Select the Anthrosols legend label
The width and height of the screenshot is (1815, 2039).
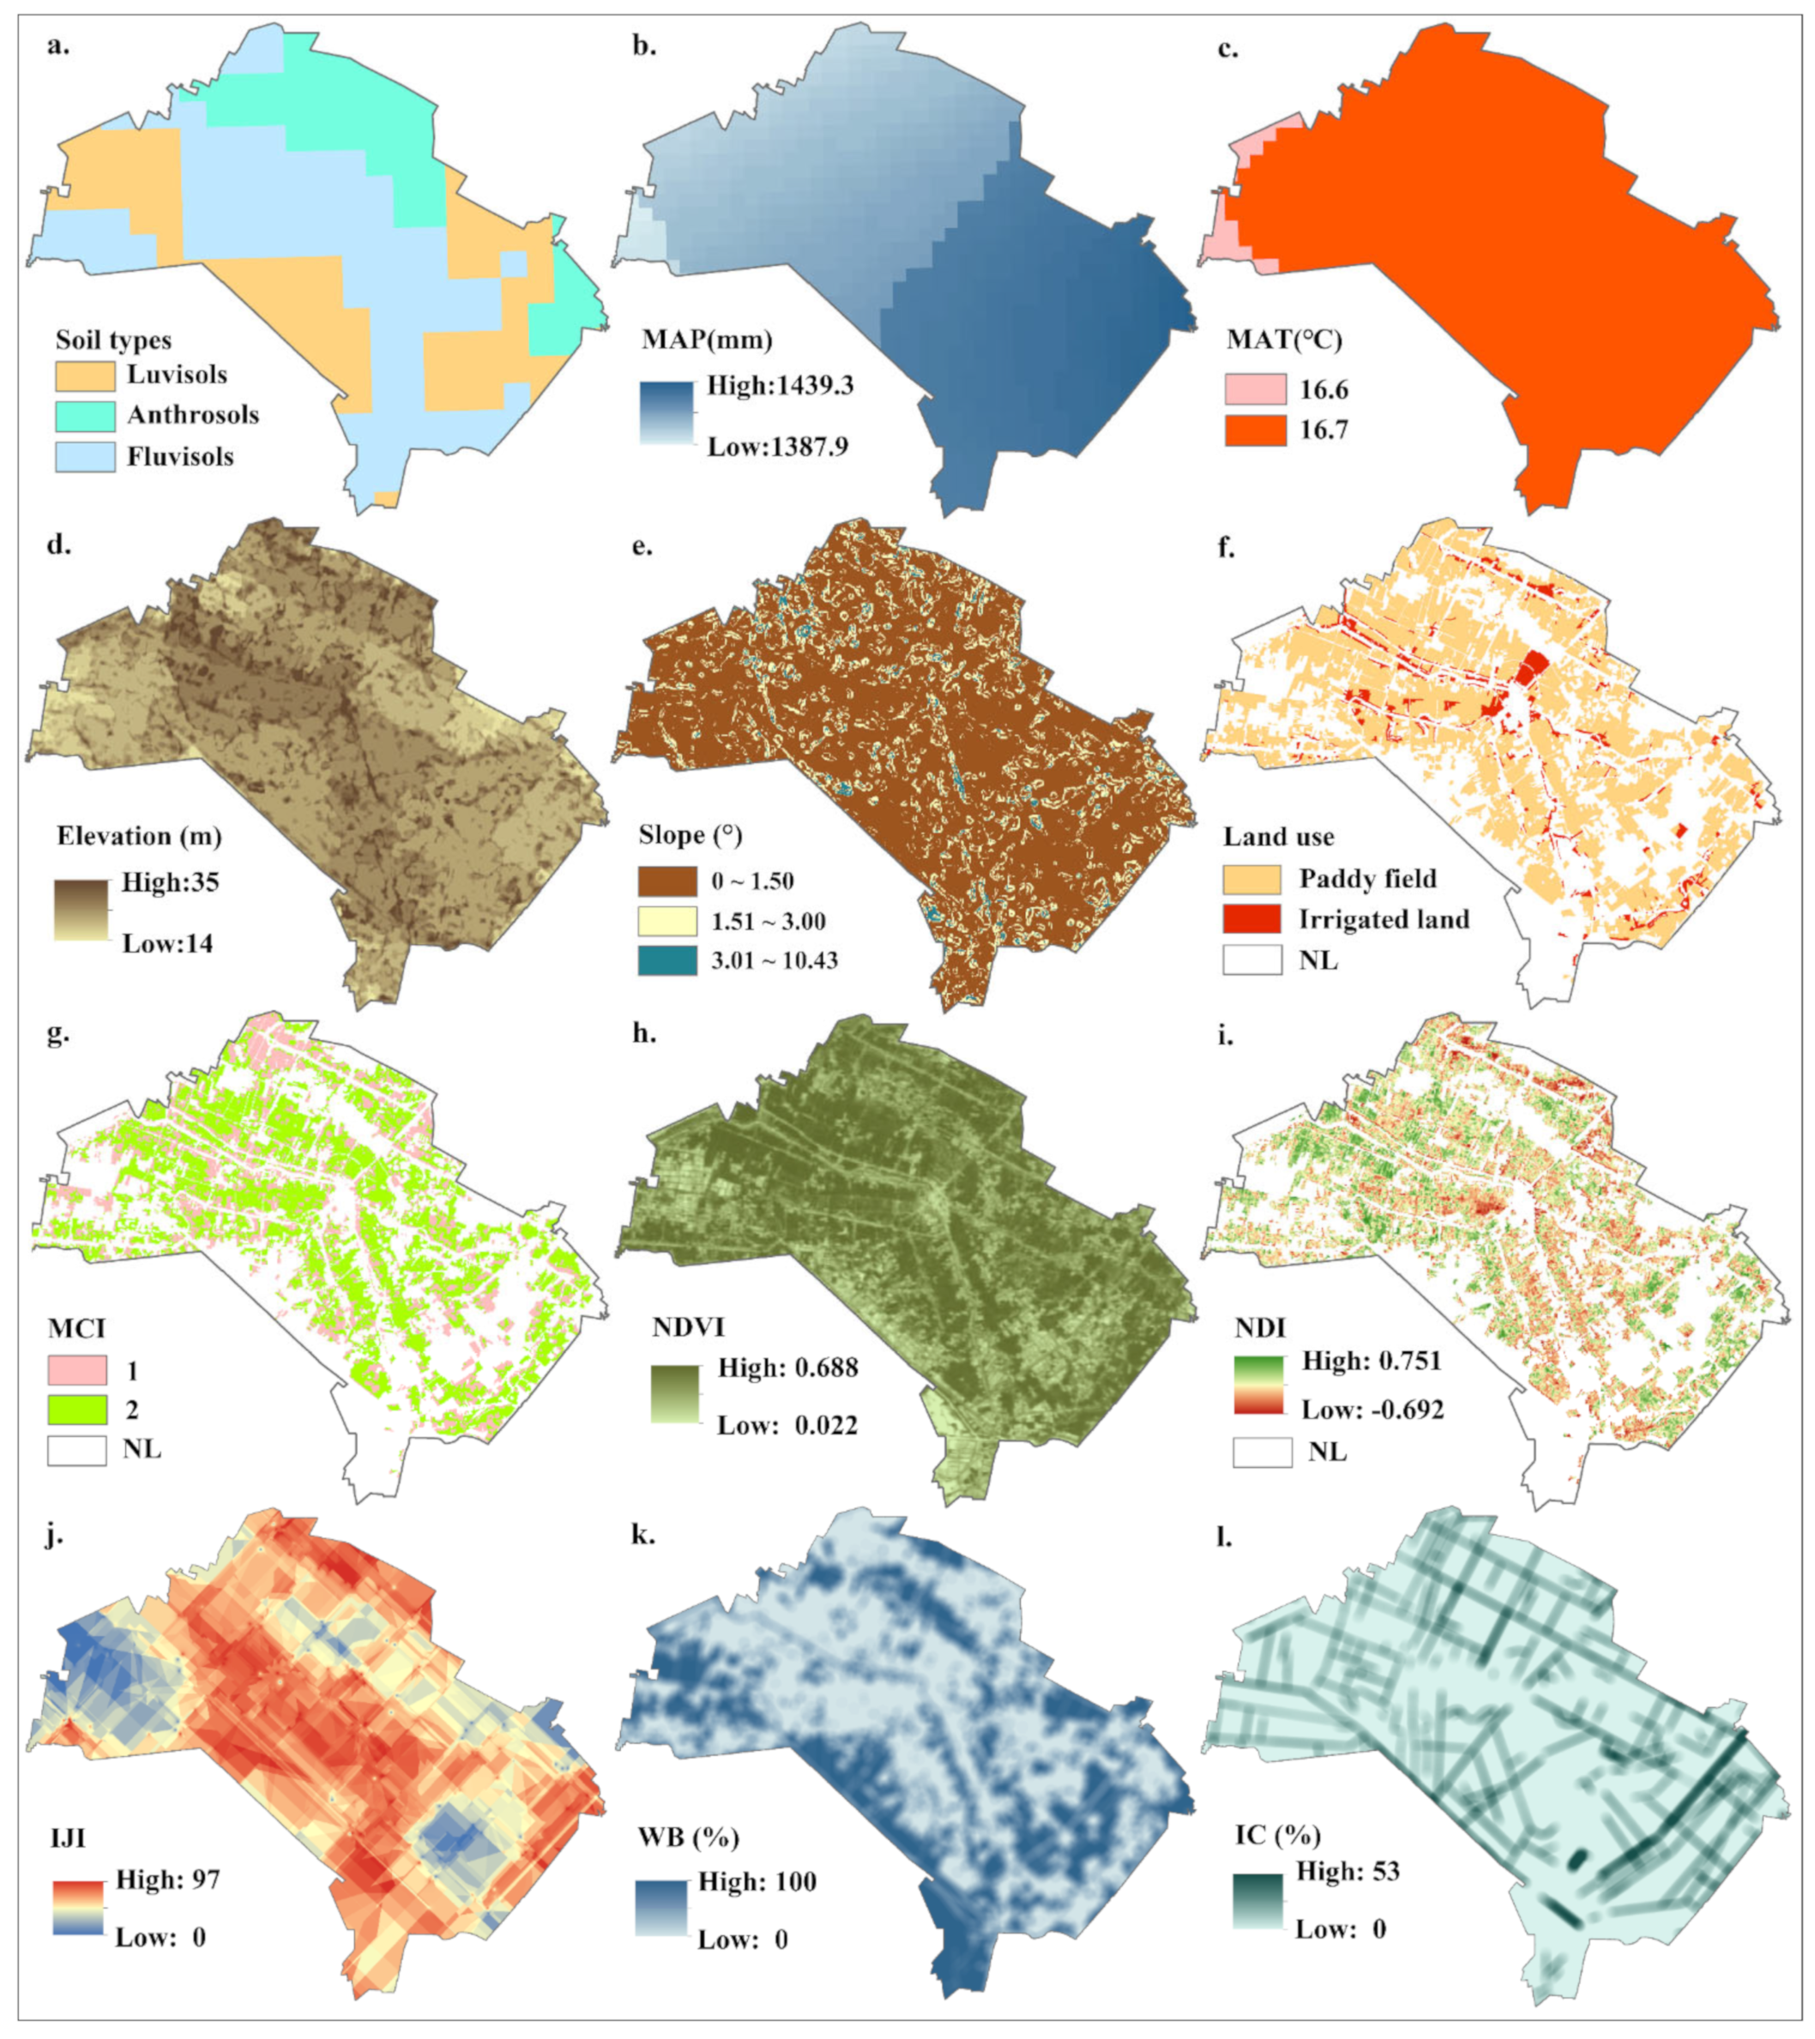193,415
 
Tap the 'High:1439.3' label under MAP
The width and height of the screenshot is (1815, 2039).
780,385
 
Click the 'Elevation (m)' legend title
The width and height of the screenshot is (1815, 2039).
139,836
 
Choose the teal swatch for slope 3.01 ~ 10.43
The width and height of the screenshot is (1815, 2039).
667,960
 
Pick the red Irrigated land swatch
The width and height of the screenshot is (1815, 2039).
1252,918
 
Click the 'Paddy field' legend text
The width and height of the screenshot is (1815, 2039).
1367,879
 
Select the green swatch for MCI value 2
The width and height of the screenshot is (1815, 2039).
77,1410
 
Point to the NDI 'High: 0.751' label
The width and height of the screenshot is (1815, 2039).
1372,1361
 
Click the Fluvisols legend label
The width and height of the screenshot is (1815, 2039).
179,457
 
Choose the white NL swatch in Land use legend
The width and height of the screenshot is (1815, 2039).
1252,959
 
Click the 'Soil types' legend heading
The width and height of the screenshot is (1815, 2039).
112,340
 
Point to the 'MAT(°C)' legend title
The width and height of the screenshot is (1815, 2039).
1284,340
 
